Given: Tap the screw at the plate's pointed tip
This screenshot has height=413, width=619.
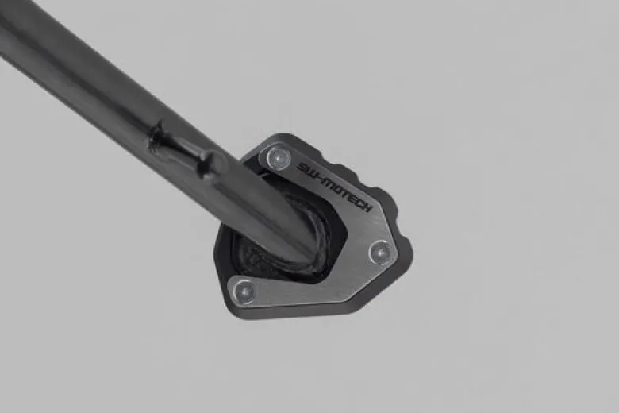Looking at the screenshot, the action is [x=380, y=252].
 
